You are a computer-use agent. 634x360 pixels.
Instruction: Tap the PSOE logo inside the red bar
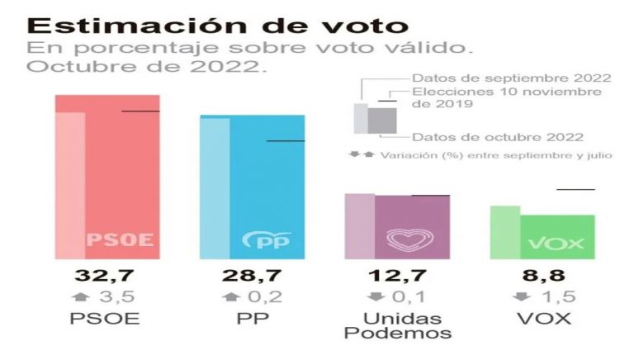pyautogui.click(x=121, y=240)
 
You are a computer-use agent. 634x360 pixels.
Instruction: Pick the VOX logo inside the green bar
pyautogui.click(x=556, y=243)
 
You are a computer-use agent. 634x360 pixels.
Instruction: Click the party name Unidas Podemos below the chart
pyautogui.click(x=398, y=325)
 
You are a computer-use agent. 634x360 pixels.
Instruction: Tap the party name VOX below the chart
pyautogui.click(x=545, y=319)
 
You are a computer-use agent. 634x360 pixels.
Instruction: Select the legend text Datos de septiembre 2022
pyautogui.click(x=511, y=78)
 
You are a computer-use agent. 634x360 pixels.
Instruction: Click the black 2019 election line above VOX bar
pyautogui.click(x=575, y=189)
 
